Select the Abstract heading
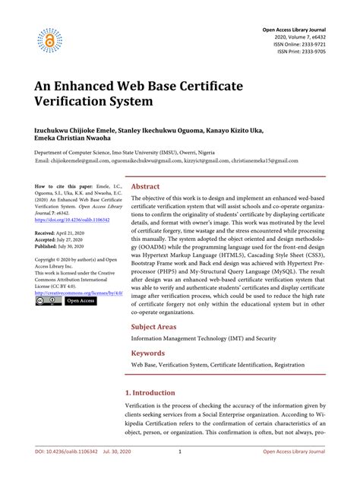pyautogui.click(x=145, y=185)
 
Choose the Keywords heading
pyautogui.click(x=147, y=353)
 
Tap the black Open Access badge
pyautogui.click(x=81, y=301)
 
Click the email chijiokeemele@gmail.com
pyautogui.click(x=82, y=161)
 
